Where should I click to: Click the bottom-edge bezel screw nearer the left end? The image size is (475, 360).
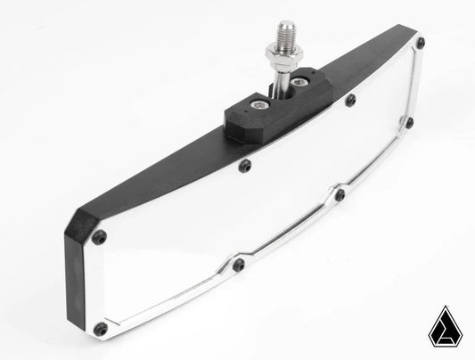click(x=238, y=265)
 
